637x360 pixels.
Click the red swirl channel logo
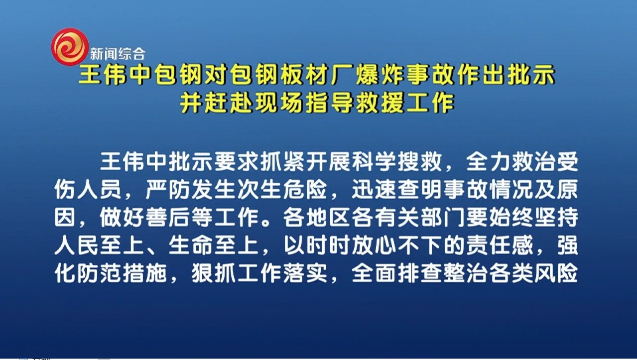click(70, 47)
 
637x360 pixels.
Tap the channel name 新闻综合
click(118, 53)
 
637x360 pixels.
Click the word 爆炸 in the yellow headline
click(378, 75)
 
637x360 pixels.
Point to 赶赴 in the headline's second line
click(227, 103)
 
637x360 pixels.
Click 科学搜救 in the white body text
click(396, 162)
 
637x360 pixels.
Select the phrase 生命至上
click(213, 245)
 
